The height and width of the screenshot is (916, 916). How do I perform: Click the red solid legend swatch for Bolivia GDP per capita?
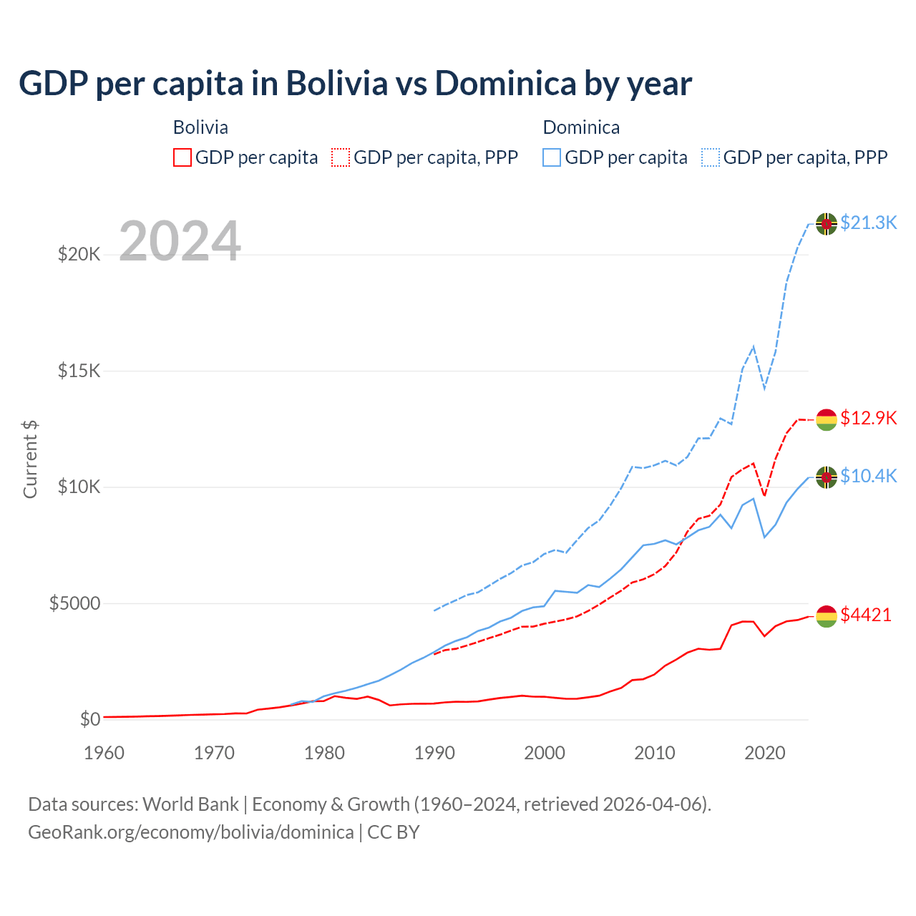click(182, 157)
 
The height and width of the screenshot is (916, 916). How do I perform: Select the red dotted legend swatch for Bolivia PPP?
click(341, 157)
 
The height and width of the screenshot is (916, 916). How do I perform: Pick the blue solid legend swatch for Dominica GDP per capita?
click(552, 157)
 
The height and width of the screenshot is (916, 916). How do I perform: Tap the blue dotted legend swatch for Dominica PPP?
click(711, 157)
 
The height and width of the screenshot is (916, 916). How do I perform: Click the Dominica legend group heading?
click(581, 127)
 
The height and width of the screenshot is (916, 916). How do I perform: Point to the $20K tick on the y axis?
click(79, 254)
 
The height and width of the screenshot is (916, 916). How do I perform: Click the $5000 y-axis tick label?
click(74, 603)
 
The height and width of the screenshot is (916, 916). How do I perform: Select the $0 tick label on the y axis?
click(89, 719)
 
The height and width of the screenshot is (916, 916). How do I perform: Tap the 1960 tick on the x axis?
click(104, 753)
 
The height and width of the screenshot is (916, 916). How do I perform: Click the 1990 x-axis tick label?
click(435, 753)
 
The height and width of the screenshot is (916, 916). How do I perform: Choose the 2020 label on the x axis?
click(765, 753)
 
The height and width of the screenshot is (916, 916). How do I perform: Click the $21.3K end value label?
click(868, 223)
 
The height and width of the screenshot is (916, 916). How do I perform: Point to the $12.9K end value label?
click(868, 418)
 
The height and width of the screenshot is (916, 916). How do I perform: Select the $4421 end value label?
click(866, 615)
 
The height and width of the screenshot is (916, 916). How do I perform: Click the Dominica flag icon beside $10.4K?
click(827, 477)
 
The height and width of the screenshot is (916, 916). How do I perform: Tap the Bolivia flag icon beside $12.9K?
click(827, 419)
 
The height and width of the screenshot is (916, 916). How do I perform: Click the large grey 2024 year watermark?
click(180, 241)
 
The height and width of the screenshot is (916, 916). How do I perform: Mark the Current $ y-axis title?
click(30, 459)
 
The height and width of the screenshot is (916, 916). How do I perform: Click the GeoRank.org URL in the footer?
click(191, 832)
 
